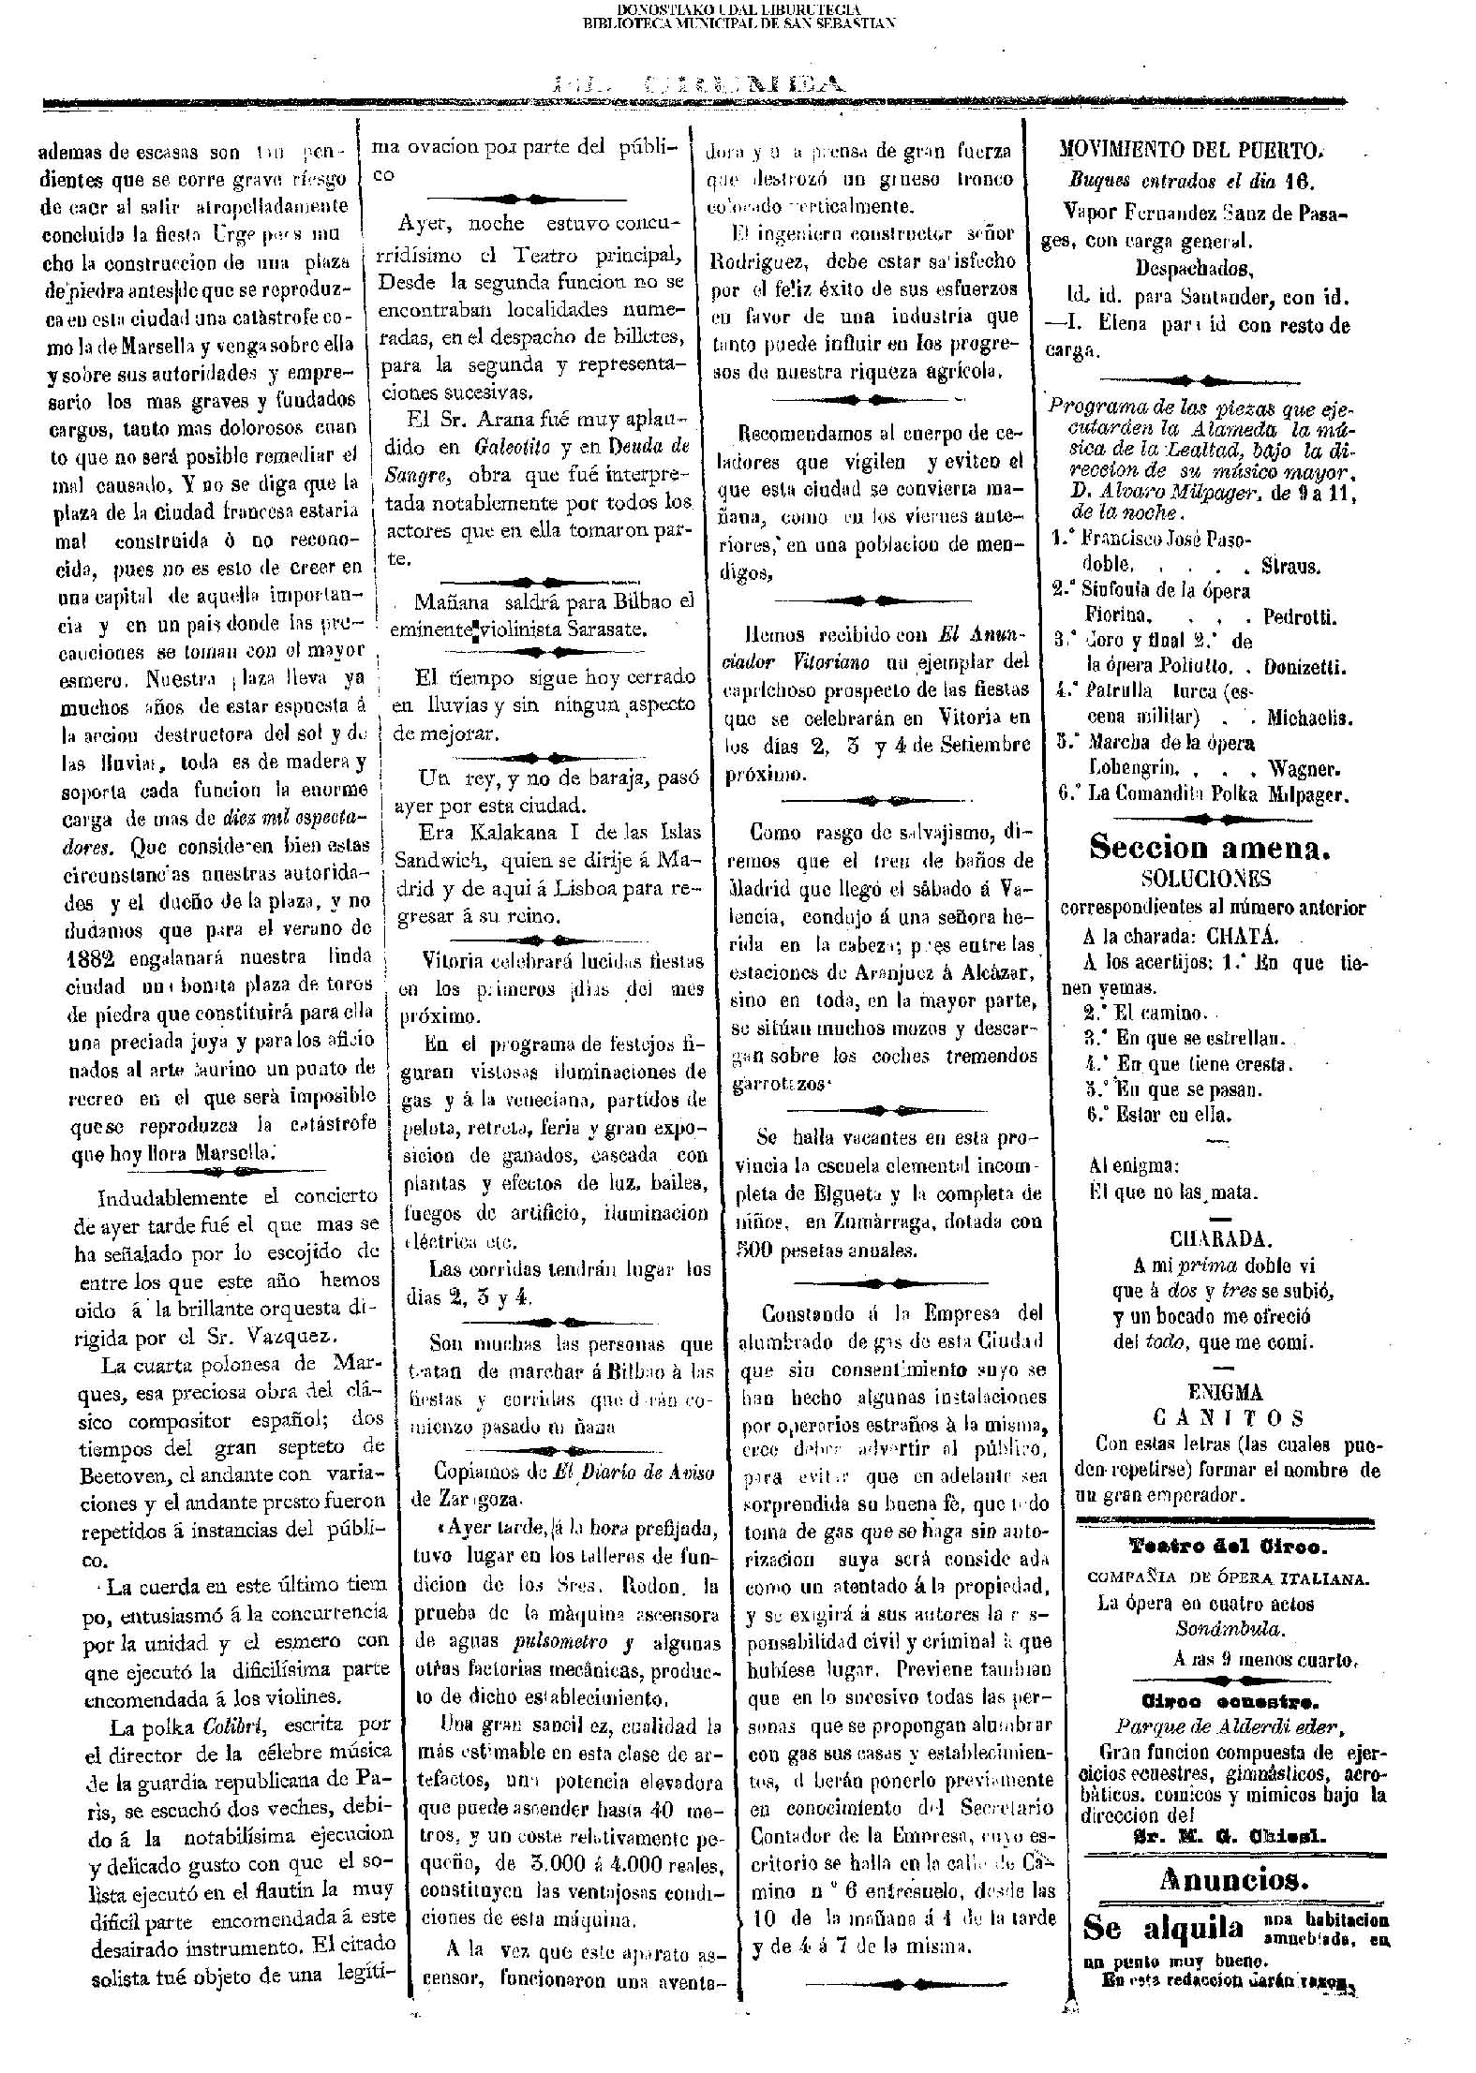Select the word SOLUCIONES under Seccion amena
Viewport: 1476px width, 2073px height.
click(x=1205, y=879)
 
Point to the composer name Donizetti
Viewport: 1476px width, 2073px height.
click(x=1305, y=668)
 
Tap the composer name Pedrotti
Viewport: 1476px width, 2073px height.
click(x=1301, y=617)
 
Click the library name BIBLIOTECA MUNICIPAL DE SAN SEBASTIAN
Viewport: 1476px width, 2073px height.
click(x=738, y=22)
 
